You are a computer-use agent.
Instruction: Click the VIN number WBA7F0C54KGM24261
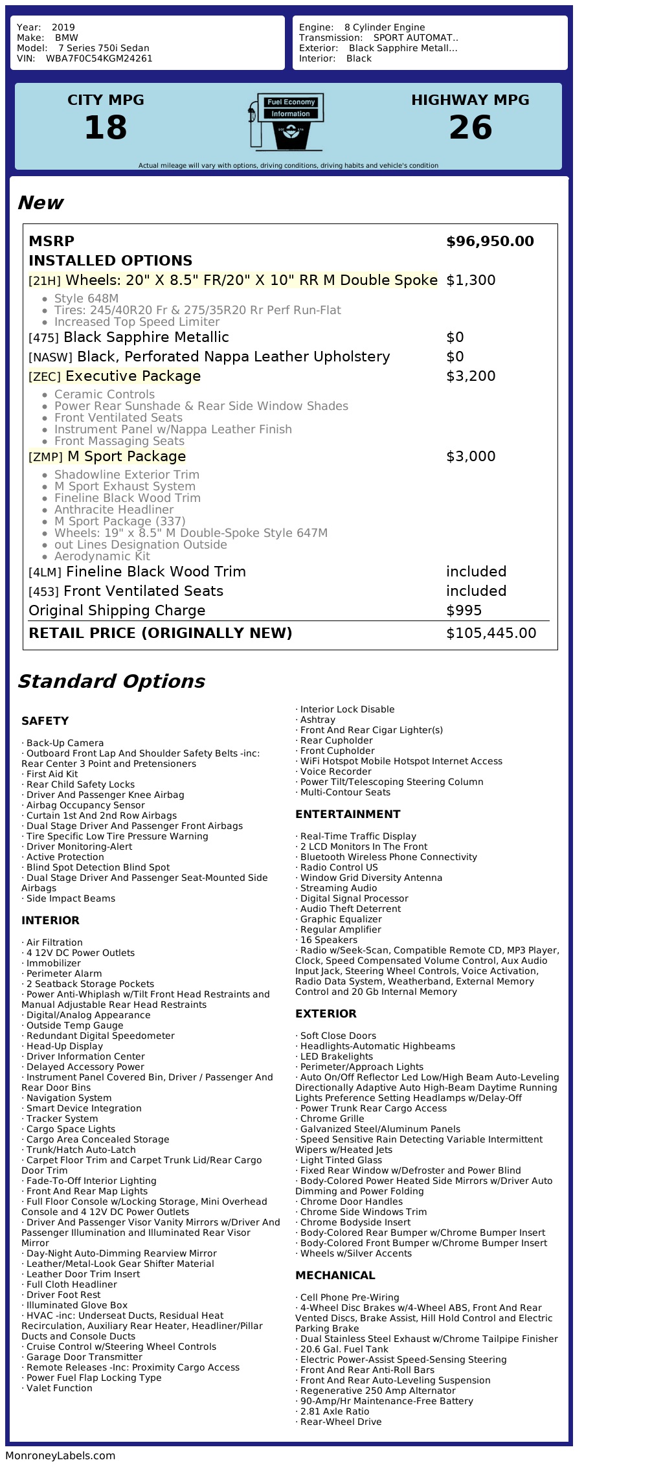pyautogui.click(x=99, y=58)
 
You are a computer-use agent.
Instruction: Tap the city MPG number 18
pyautogui.click(x=106, y=127)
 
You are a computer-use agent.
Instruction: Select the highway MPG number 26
pyautogui.click(x=470, y=127)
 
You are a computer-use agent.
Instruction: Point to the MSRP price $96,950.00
pyautogui.click(x=489, y=242)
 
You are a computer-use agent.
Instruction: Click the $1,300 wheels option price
pyautogui.click(x=471, y=280)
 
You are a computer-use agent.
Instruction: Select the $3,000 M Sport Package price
pyautogui.click(x=471, y=457)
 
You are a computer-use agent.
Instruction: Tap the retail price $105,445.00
pyautogui.click(x=491, y=633)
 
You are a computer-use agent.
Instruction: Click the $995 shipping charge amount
pyautogui.click(x=464, y=611)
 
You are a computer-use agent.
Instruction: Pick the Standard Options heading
pyautogui.click(x=111, y=681)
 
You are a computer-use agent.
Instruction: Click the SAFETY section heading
pyautogui.click(x=45, y=721)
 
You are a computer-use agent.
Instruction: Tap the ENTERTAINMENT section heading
pyautogui.click(x=348, y=814)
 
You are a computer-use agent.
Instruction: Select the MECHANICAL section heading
pyautogui.click(x=335, y=1275)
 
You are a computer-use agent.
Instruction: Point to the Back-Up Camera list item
pyautogui.click(x=65, y=743)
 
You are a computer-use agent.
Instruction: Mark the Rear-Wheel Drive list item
pyautogui.click(x=341, y=1422)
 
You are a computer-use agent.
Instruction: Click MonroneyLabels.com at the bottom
pyautogui.click(x=60, y=1456)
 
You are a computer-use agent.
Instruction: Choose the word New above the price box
pyautogui.click(x=40, y=203)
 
